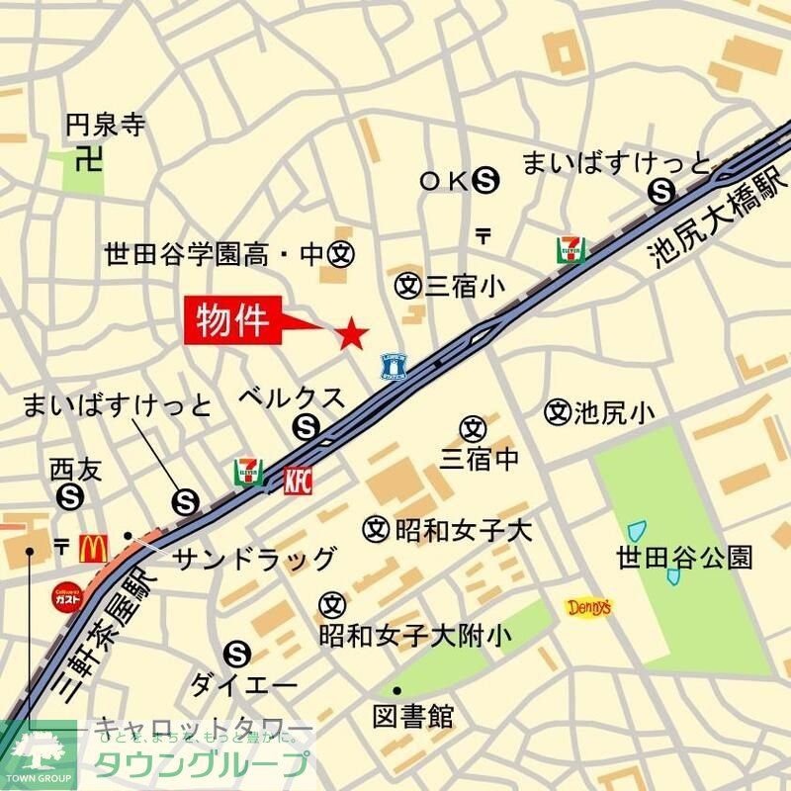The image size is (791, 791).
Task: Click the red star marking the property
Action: click(x=352, y=334)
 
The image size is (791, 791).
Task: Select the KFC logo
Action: click(x=298, y=481)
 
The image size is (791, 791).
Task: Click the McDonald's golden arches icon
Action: click(x=93, y=547)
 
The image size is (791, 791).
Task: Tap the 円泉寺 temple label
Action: click(x=105, y=126)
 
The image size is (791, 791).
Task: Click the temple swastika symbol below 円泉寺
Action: click(x=90, y=158)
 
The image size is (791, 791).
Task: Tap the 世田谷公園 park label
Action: click(x=684, y=557)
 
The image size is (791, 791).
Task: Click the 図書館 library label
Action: click(x=413, y=715)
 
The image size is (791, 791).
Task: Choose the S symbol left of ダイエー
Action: click(x=236, y=653)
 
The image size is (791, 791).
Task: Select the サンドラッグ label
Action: click(x=254, y=559)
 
